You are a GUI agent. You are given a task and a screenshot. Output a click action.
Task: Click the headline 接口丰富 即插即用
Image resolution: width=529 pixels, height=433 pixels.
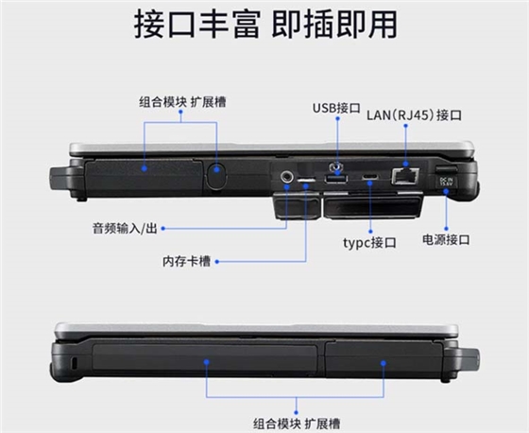coord(265,25)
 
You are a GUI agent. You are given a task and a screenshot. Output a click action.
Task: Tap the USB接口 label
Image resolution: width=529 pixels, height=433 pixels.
coord(336,108)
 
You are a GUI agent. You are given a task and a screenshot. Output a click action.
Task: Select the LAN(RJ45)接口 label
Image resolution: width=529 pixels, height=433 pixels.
coord(414,115)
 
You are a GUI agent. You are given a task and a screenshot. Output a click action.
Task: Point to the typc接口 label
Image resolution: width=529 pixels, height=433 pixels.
coord(369,243)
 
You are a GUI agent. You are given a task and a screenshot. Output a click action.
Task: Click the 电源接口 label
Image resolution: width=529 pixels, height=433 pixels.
coord(446,239)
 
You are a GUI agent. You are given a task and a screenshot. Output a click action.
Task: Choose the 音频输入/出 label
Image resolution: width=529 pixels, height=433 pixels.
coord(125,229)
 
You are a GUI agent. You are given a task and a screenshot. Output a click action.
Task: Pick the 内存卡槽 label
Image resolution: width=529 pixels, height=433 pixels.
coord(186,261)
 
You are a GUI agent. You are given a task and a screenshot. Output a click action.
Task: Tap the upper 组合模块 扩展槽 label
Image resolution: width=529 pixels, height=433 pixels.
coord(182,102)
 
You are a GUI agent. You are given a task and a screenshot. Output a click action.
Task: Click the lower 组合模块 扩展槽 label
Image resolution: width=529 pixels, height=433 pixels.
coord(297,424)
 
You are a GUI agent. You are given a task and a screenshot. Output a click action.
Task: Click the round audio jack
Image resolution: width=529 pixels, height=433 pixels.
coord(287,176)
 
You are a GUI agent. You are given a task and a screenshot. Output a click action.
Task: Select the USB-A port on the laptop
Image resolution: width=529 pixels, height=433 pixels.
coord(335,179)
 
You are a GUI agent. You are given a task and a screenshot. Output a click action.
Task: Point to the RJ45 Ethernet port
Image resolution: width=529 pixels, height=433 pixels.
coord(405,176)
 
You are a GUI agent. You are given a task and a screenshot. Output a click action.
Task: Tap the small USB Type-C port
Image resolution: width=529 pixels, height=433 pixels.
coord(370,177)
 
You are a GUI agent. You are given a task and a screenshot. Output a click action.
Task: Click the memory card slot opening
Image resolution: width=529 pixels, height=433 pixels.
coord(306,180)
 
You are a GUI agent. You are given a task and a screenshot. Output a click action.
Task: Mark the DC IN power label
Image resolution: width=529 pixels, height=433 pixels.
coord(445,182)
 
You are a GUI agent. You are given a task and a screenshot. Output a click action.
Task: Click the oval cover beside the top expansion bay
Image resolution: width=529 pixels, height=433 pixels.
coord(216,175)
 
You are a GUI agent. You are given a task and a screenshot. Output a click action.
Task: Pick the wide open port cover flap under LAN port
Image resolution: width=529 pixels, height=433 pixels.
coord(373,206)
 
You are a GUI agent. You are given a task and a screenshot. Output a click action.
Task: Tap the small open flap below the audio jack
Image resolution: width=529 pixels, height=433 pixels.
coord(297,206)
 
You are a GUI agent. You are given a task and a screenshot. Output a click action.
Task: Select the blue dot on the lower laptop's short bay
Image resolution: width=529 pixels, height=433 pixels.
coord(384,363)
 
